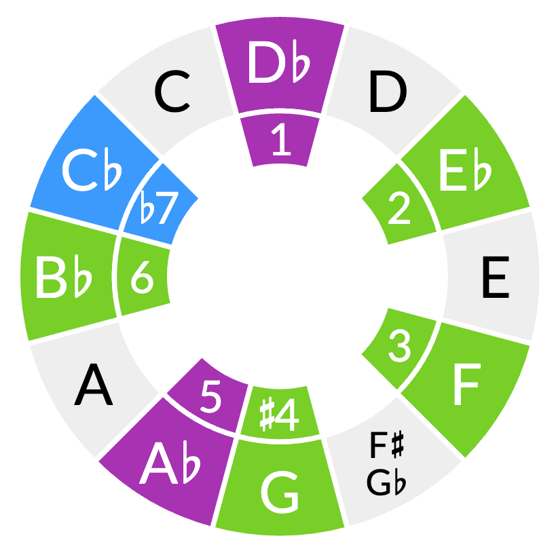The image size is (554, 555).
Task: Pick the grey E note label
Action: click(x=495, y=280)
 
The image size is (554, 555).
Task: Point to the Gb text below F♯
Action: click(x=387, y=481)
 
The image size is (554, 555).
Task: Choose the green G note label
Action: click(x=280, y=494)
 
